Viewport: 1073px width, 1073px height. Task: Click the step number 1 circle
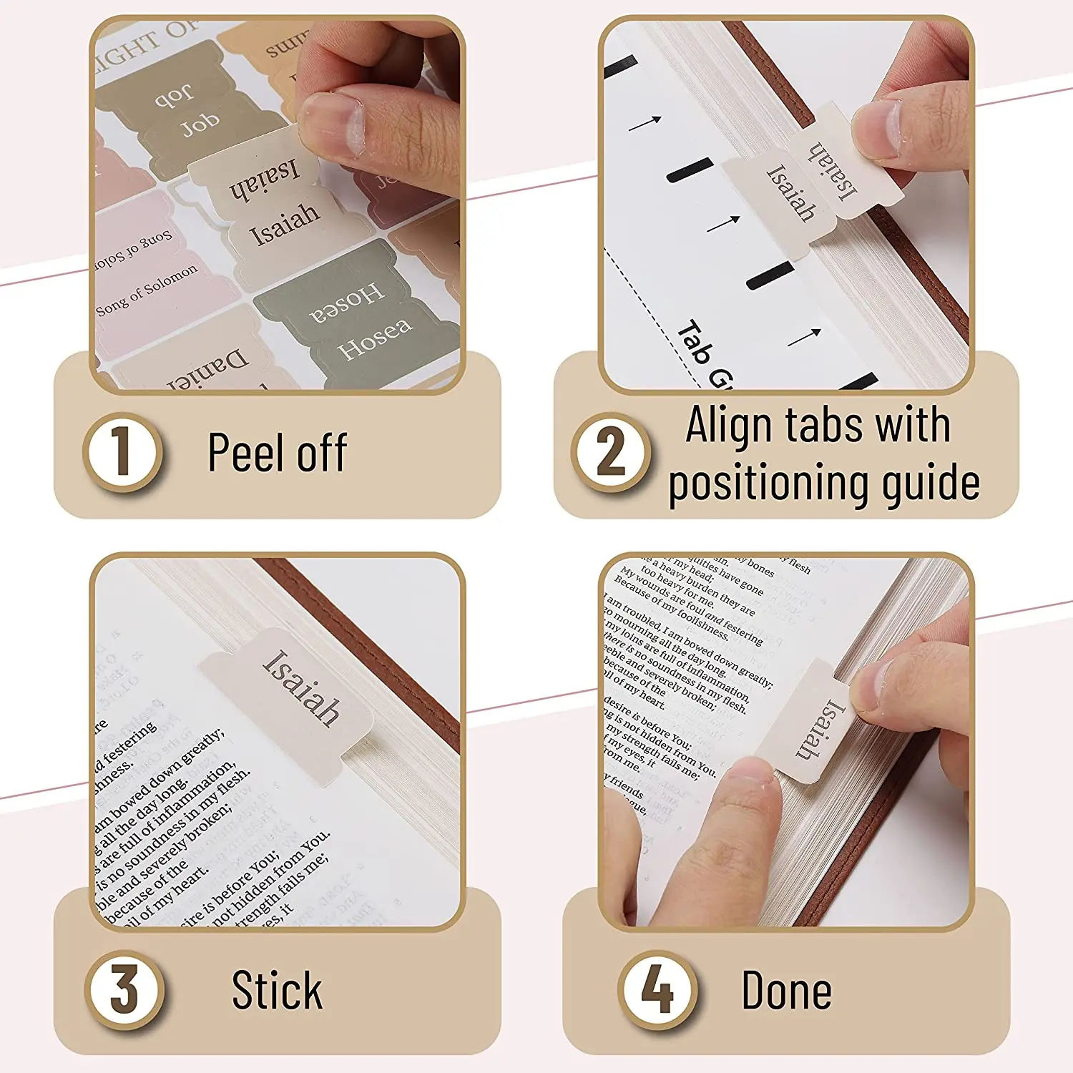click(122, 452)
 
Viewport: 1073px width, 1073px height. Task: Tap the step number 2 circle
click(610, 452)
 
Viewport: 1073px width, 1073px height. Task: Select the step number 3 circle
click(124, 990)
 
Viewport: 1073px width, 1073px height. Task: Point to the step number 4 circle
click(657, 990)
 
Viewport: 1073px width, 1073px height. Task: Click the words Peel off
click(278, 453)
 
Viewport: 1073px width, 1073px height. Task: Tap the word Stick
click(277, 991)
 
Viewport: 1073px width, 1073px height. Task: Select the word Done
click(786, 991)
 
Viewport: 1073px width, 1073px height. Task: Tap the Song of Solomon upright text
click(147, 290)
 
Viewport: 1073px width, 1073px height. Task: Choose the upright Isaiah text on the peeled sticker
click(284, 224)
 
